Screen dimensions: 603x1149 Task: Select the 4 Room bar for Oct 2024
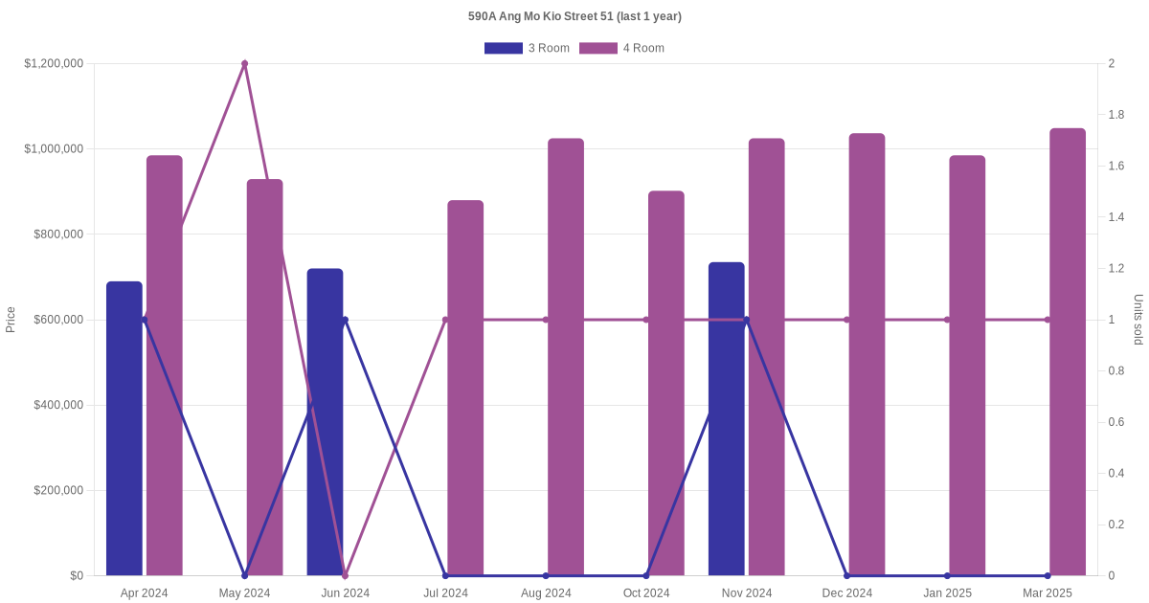(x=666, y=383)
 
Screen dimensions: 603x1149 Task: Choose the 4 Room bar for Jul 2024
(x=465, y=388)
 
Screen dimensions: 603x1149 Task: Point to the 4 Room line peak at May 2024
(x=245, y=64)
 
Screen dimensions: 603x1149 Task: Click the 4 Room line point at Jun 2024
(x=346, y=575)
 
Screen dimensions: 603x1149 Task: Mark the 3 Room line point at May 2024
(x=245, y=575)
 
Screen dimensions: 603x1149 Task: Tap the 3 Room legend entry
(x=528, y=48)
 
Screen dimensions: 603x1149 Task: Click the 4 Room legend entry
(x=622, y=48)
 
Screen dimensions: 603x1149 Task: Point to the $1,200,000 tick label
(x=54, y=64)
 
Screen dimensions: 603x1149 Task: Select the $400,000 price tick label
(x=57, y=405)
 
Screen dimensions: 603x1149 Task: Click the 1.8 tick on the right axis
(x=1116, y=115)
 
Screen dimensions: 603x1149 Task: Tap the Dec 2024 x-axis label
(x=847, y=593)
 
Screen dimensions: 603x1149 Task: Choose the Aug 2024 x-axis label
(x=546, y=593)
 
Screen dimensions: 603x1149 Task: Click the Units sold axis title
(x=1138, y=320)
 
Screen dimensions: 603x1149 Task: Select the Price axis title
(x=11, y=320)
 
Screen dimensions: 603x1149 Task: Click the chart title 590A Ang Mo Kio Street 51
(x=574, y=16)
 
